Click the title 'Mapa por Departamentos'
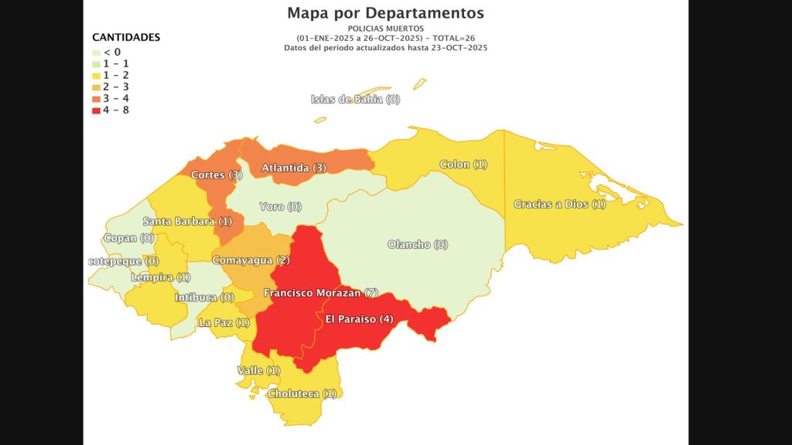[x=385, y=13]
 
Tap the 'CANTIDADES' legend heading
[x=126, y=37]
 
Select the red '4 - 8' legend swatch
[x=96, y=110]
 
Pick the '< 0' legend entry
[x=112, y=52]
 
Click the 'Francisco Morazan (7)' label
[x=320, y=294]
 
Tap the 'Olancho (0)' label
[x=418, y=245]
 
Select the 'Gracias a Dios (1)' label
[x=560, y=204]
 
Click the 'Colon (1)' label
[x=463, y=165]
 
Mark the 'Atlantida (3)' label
[x=295, y=168]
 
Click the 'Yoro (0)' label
[x=280, y=207]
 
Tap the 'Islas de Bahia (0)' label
[x=355, y=99]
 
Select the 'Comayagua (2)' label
[x=251, y=260]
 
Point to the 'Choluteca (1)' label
[x=302, y=393]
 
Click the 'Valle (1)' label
[x=258, y=371]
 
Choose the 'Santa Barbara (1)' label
[x=187, y=222]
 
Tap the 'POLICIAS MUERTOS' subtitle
[x=385, y=29]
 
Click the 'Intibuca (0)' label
[x=204, y=297]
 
